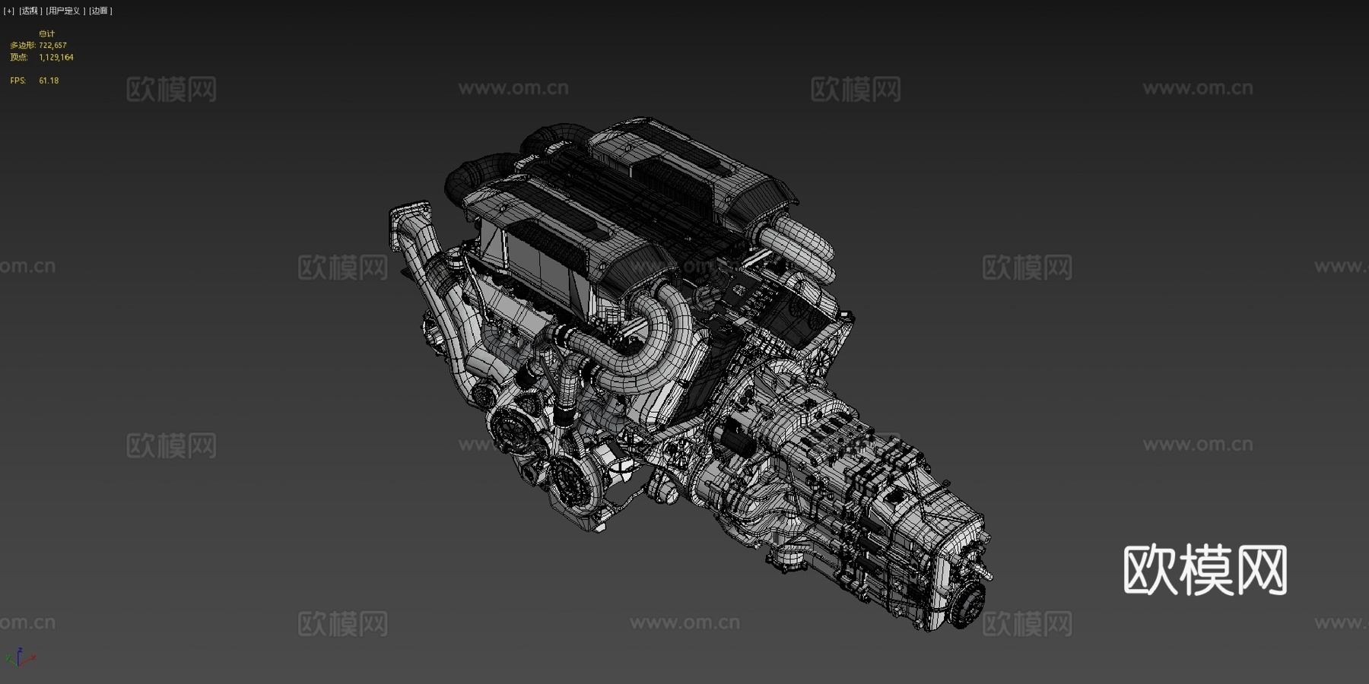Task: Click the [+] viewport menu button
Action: (9, 11)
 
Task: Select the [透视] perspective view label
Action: (30, 11)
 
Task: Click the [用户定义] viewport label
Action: (65, 11)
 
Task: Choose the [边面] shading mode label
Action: (100, 11)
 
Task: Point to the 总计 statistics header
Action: (47, 33)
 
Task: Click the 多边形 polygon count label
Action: (21, 46)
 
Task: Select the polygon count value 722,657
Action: (53, 46)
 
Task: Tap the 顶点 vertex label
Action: (19, 57)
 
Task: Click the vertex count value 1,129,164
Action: (56, 57)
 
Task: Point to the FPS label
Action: (17, 81)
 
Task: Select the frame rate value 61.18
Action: (49, 81)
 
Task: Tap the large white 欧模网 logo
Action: (1205, 569)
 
